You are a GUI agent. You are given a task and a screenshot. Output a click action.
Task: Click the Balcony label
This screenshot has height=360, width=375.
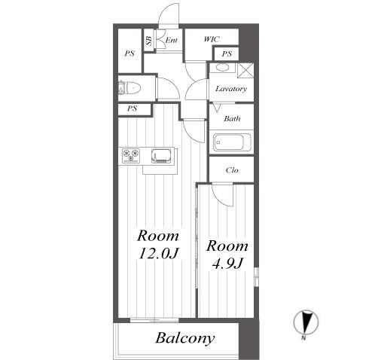coord(185,338)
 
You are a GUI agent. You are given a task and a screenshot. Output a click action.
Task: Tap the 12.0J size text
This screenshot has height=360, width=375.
coord(158,253)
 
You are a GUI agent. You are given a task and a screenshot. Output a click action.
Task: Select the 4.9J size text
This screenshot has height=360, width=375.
coord(227,264)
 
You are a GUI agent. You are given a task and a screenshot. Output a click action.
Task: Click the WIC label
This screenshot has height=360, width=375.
coord(212,39)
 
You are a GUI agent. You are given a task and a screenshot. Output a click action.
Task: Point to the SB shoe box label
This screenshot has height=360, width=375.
coord(149,41)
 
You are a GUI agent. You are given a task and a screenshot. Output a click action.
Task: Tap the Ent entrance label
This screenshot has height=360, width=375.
coord(172,40)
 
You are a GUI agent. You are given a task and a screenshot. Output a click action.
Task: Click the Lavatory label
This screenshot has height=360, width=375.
coord(231,89)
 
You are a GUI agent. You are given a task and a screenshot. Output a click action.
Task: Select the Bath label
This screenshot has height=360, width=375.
coord(232,118)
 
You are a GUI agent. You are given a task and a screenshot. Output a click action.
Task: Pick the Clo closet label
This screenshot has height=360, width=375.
coord(232,170)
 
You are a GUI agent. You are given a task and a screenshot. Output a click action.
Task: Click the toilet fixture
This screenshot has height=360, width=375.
coord(129,88)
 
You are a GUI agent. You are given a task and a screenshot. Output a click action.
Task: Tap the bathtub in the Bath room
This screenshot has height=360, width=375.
coord(232,142)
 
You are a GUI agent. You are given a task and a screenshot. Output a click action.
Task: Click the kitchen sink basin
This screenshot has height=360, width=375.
coord(161,156)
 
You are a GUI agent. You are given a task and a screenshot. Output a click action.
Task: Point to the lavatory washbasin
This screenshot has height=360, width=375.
coord(222,68)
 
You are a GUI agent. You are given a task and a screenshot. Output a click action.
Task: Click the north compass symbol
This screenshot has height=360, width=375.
coord(306,323)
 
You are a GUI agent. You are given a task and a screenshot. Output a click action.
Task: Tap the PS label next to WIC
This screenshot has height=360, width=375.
coord(227,53)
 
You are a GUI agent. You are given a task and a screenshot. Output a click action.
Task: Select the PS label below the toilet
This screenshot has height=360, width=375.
coord(133,108)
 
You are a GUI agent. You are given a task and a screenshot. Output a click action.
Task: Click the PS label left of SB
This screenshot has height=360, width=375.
coord(130,53)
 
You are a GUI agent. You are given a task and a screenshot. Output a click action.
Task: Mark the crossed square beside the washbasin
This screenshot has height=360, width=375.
coord(245,71)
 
